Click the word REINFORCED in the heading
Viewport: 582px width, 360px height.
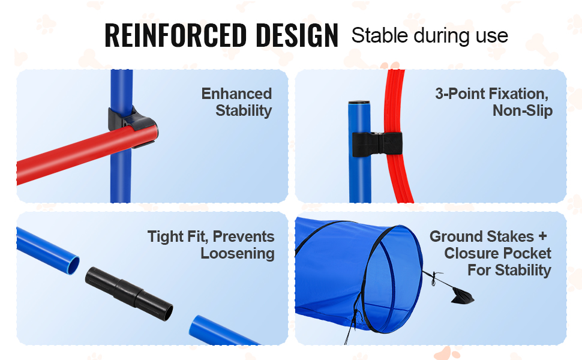[176, 35]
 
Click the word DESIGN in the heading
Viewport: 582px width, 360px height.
[297, 35]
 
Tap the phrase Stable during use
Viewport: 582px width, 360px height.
[430, 36]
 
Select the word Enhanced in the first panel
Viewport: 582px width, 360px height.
[236, 94]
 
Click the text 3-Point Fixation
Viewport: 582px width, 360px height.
[491, 94]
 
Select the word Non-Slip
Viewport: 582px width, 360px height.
[522, 110]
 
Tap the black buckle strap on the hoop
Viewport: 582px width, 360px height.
[377, 144]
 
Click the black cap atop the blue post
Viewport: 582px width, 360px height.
[359, 102]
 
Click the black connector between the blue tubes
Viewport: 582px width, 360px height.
[129, 293]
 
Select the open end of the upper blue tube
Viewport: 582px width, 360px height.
[73, 265]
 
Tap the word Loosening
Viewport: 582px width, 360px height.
[238, 253]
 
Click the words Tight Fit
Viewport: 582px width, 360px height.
[178, 237]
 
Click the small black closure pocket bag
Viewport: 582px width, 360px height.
[462, 296]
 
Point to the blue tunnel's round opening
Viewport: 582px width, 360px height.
[394, 279]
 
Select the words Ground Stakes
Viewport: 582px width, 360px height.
[481, 237]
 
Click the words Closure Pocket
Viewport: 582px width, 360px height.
[497, 253]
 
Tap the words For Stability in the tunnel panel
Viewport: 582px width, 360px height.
[509, 270]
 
